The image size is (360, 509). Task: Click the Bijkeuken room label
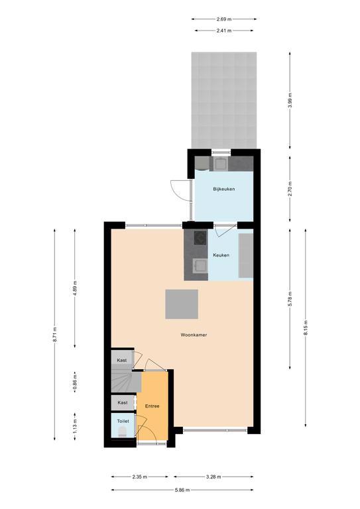[x=224, y=189]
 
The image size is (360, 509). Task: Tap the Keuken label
[x=221, y=254]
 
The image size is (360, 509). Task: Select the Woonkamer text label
[x=194, y=335]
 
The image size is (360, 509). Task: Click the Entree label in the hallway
[x=152, y=406]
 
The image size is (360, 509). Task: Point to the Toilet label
[x=123, y=421]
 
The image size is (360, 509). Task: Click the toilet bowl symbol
[x=122, y=431]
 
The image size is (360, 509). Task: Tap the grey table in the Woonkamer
[x=182, y=304]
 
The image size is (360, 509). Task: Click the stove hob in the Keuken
[x=200, y=237]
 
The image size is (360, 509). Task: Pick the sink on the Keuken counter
[x=200, y=266]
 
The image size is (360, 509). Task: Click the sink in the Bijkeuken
[x=221, y=163]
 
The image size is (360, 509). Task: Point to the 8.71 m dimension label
[x=55, y=333]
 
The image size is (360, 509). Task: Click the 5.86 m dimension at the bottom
[x=182, y=490]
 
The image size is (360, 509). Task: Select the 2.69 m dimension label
[x=224, y=19]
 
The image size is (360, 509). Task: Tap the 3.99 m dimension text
[x=290, y=101]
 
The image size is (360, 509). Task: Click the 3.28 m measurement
[x=213, y=477]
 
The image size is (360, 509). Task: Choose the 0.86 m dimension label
[x=75, y=382]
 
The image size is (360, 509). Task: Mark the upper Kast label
[x=122, y=360]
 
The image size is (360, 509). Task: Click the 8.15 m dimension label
[x=306, y=328]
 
